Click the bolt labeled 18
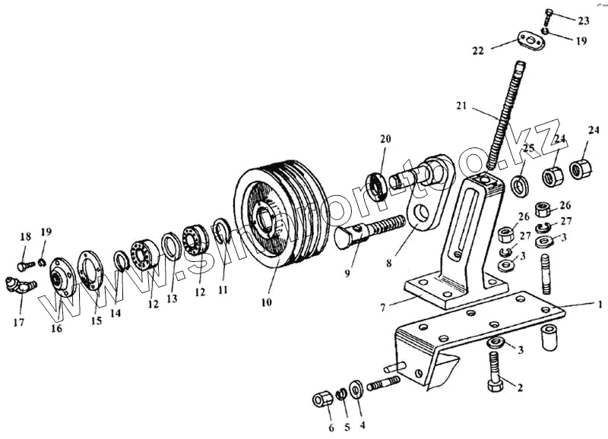pyautogui.click(x=23, y=265)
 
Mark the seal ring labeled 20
pyautogui.click(x=375, y=184)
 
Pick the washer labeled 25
pyautogui.click(x=521, y=185)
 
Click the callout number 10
pyautogui.click(x=267, y=302)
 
